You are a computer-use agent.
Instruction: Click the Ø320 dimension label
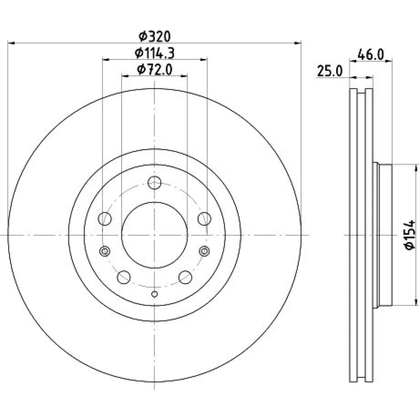pos(155,36)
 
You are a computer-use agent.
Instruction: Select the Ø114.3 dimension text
pos(155,53)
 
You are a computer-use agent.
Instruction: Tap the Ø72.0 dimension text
pos(155,70)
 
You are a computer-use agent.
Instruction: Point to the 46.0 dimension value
pos(370,55)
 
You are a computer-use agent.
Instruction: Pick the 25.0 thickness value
pos(329,71)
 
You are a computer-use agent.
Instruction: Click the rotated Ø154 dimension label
pos(409,235)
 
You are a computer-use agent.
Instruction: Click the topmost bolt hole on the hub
pos(155,183)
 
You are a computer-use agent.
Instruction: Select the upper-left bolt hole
pos(105,219)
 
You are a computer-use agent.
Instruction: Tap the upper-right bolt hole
pos(204,219)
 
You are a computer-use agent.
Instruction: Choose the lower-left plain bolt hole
pos(124,277)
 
